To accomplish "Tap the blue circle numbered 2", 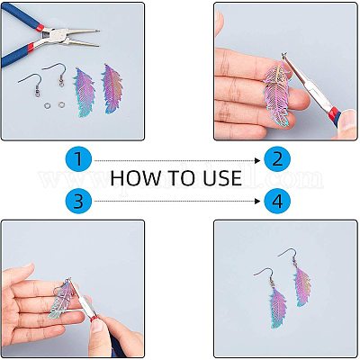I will [x=278, y=161].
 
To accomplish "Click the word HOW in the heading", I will [x=134, y=177].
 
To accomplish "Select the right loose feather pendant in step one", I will [x=114, y=88].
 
